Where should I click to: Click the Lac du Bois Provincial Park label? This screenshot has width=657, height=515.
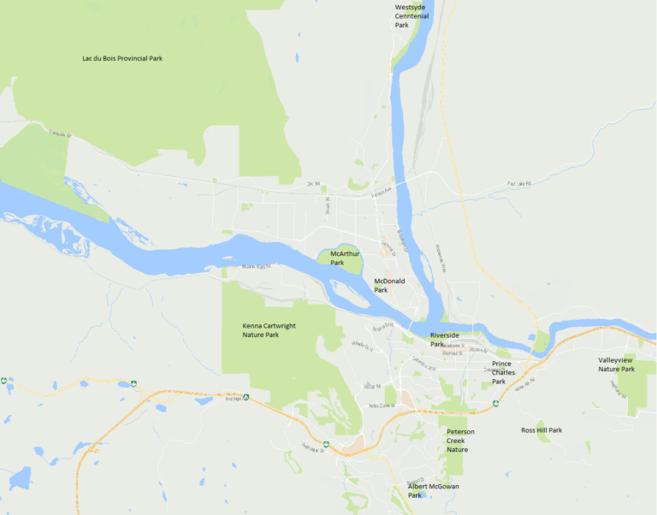[122, 58]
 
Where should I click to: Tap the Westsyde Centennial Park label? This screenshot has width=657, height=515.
[413, 16]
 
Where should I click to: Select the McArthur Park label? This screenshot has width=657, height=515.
[345, 258]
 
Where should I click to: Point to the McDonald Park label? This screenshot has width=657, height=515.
[389, 285]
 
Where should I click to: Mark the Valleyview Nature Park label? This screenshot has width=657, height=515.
[616, 364]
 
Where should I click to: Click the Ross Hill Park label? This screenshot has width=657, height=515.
[542, 430]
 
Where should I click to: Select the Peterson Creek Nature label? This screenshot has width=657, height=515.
[460, 440]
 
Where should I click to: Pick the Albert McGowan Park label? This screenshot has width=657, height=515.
[430, 490]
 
